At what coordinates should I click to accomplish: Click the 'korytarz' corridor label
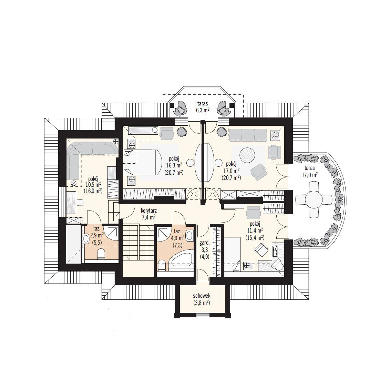tap(148, 211)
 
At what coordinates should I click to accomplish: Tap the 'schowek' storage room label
tap(202, 295)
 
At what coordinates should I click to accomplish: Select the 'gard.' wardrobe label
tap(204, 243)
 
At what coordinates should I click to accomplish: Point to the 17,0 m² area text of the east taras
tap(310, 175)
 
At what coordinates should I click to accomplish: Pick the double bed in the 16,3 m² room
tap(143, 162)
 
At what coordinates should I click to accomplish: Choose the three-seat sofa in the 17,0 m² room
tap(248, 135)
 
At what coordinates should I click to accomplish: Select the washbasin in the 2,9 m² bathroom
tap(85, 239)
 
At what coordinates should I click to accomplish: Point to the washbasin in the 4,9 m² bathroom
tap(190, 235)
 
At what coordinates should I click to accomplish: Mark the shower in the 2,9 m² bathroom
tap(111, 233)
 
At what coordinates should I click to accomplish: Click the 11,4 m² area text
tap(255, 229)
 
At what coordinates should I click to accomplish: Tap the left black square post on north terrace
tap(172, 105)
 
